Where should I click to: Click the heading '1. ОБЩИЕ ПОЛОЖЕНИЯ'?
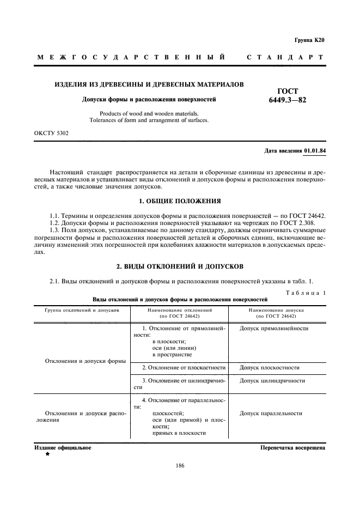click(180, 201)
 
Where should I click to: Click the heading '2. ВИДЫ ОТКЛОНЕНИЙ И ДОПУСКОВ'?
click(180, 266)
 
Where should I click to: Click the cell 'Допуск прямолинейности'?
click(274, 329)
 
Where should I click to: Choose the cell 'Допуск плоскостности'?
click(270, 368)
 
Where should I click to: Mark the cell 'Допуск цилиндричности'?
click(272, 381)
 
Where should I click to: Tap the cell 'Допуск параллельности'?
click(271, 414)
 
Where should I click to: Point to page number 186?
click(180, 465)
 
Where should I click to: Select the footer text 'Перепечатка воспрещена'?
click(293, 448)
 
